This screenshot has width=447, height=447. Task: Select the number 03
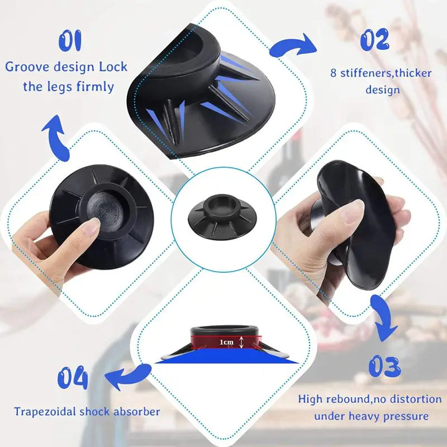pos(384,368)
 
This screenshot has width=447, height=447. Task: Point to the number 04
pos(73,379)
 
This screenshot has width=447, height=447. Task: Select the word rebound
pos(346,399)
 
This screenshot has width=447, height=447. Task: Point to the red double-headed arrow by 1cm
pos(241,342)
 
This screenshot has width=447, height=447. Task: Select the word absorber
pos(139,412)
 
